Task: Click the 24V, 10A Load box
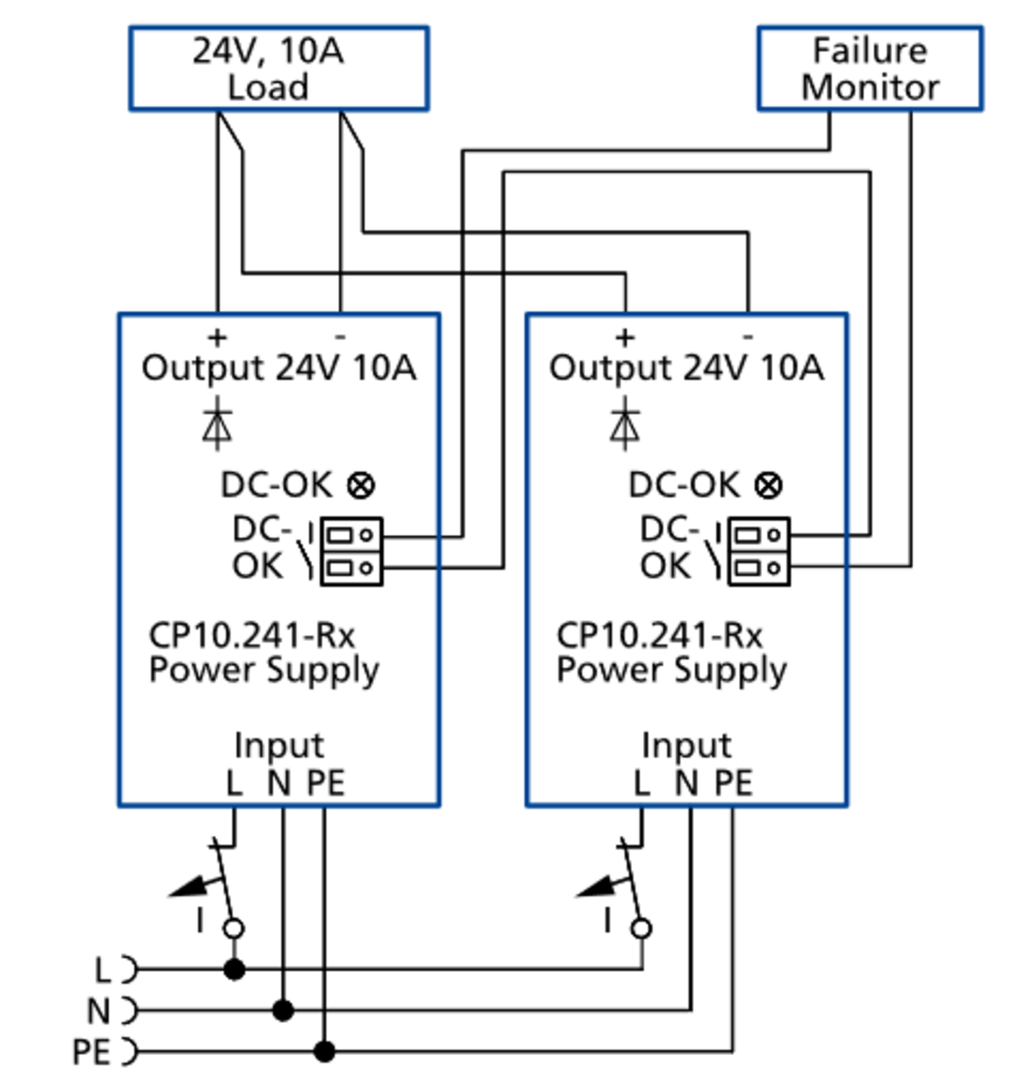279,69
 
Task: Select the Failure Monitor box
870,69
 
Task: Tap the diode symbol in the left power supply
217,425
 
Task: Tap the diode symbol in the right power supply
625,425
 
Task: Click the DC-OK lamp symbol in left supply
360,485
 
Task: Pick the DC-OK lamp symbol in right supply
768,485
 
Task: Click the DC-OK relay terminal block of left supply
351,552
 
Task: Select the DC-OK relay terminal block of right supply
758,552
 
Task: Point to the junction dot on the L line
234,969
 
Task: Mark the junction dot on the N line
283,1010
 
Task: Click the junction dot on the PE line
324,1051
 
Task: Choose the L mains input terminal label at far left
103,970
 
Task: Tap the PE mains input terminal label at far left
92,1052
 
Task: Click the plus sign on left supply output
217,337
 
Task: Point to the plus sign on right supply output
625,337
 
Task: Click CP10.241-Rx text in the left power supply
251,636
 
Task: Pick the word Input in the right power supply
686,745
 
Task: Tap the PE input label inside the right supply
733,783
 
